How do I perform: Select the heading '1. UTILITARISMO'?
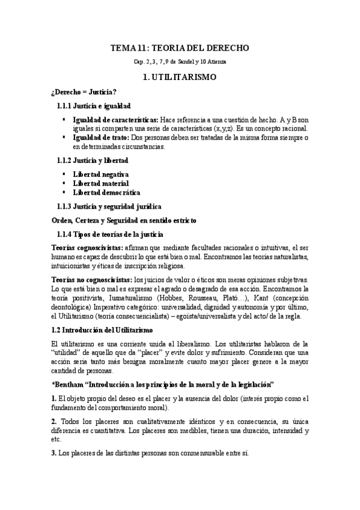click(x=180, y=78)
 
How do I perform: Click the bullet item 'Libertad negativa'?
click(x=102, y=174)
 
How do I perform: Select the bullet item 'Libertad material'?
click(x=100, y=183)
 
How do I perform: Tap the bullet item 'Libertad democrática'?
click(x=106, y=192)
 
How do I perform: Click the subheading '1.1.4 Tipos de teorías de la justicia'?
click(x=111, y=233)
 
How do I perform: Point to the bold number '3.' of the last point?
click(x=54, y=452)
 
